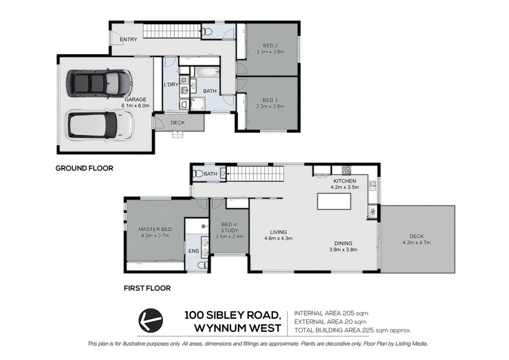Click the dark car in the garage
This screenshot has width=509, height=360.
[x=99, y=83]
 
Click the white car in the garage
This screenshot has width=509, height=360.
[x=100, y=125]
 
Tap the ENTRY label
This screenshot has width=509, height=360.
[x=129, y=39]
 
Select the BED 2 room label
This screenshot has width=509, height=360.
[x=270, y=45]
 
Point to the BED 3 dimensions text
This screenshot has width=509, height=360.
[x=270, y=106]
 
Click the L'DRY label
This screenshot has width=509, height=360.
[x=171, y=85]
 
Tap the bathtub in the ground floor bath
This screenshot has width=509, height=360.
[x=207, y=72]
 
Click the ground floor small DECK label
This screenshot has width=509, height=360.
[x=178, y=123]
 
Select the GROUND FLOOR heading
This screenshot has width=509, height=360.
[x=85, y=168]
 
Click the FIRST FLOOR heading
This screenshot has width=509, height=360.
[x=148, y=288]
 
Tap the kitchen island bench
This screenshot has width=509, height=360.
[x=335, y=202]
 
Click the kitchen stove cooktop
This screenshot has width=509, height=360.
[x=346, y=170]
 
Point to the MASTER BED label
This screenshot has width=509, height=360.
[x=155, y=229]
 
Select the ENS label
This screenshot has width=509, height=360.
[x=194, y=251]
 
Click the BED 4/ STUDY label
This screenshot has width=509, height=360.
[x=230, y=227]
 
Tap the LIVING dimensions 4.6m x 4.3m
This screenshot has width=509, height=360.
[x=279, y=239]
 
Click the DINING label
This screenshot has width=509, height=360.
[x=344, y=243]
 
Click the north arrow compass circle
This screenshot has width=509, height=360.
[x=151, y=321]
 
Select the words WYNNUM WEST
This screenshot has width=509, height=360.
[x=237, y=328]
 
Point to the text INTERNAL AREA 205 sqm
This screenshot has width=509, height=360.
[x=331, y=314]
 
